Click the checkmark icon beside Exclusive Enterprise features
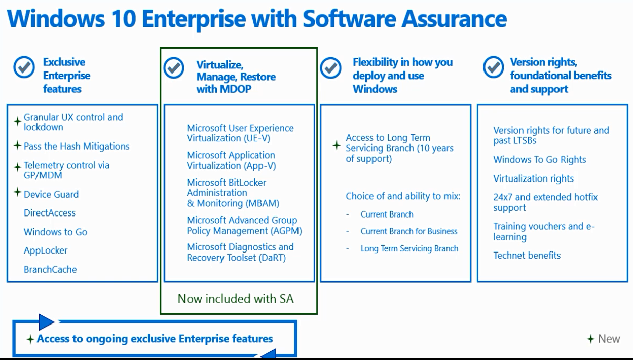tap(24, 67)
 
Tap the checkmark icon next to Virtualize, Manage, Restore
tap(174, 68)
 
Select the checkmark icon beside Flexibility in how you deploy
tap(330, 68)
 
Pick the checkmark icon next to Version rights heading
tap(494, 67)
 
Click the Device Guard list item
tap(51, 194)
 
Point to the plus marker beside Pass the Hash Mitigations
tap(18, 146)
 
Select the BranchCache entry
tap(50, 270)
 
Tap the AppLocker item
tap(46, 250)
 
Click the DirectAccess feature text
tap(50, 212)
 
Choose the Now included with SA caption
tap(236, 299)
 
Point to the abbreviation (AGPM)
tap(286, 231)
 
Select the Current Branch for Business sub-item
tap(409, 231)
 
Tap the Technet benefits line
tap(527, 256)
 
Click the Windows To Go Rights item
tap(540, 160)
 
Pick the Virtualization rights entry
tap(534, 178)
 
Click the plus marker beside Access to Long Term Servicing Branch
tap(337, 145)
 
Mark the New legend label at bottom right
tap(609, 339)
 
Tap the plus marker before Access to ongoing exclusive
tap(30, 339)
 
